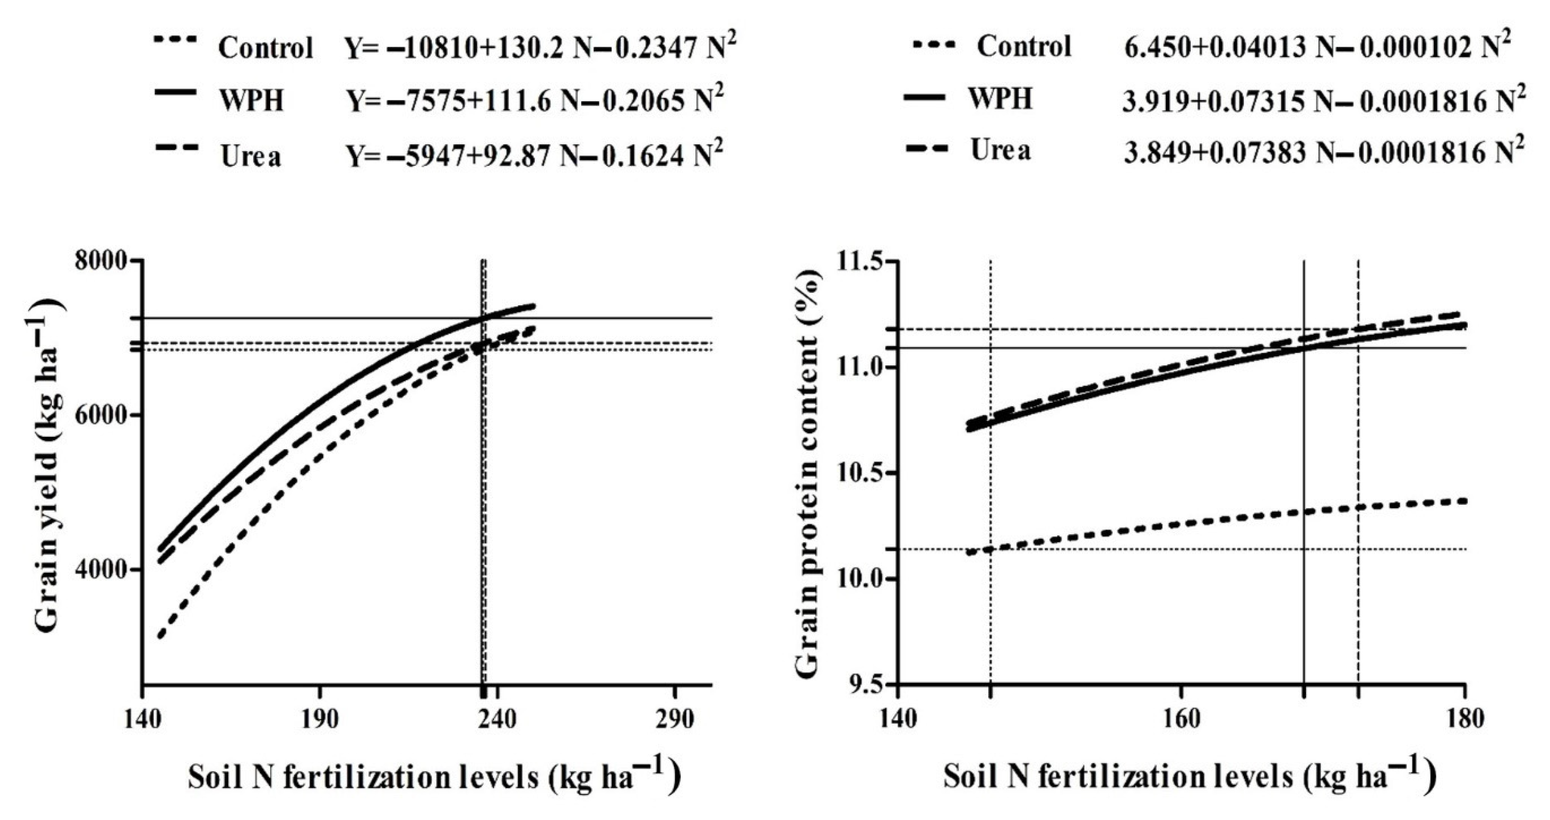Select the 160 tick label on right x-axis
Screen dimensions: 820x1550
pos(1181,720)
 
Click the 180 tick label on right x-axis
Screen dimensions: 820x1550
pos(1463,720)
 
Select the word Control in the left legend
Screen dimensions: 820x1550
pos(266,48)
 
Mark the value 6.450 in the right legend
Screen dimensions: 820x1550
pos(1152,48)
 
